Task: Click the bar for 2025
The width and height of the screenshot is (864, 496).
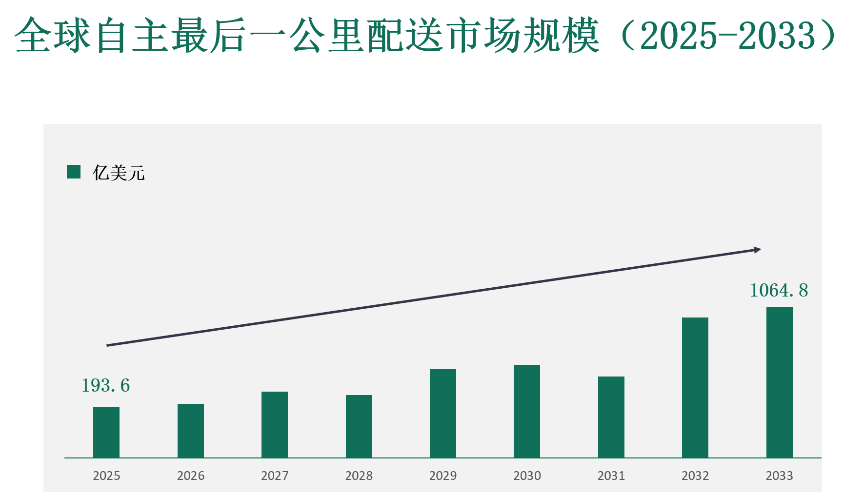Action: (106, 432)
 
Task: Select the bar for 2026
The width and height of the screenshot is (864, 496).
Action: (191, 431)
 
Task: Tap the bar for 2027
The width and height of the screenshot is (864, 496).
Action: (275, 424)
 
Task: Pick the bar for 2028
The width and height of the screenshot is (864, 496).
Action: (359, 426)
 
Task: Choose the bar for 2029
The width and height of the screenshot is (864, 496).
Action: (443, 413)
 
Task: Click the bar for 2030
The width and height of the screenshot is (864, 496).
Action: (527, 411)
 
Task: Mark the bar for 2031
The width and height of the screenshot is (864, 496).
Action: (611, 417)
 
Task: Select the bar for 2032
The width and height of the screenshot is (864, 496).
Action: (695, 387)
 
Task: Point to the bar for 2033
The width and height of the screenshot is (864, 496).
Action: (780, 382)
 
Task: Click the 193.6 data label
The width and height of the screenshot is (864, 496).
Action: (106, 386)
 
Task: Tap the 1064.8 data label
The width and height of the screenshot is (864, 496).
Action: (779, 291)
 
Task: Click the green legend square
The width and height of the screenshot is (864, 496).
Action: (74, 172)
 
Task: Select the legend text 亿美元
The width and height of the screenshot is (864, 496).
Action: (119, 173)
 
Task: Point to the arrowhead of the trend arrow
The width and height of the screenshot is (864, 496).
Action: (757, 250)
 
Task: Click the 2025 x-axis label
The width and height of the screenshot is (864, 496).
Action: (106, 476)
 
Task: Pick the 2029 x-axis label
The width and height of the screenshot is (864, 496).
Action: (443, 476)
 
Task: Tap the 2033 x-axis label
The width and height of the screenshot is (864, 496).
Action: (780, 476)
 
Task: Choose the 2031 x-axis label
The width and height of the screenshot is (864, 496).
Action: (611, 476)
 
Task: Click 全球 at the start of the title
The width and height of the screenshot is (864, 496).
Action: (53, 35)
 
